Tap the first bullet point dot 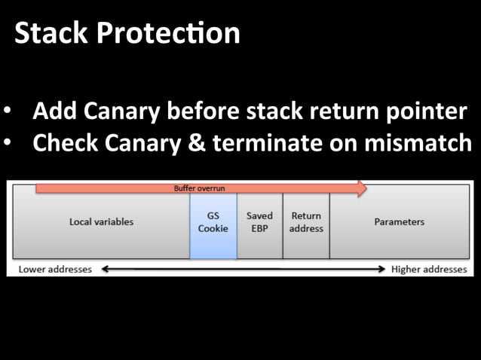(x=8, y=111)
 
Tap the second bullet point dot (x=8, y=143)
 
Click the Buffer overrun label (x=200, y=188)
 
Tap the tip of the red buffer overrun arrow (x=366, y=188)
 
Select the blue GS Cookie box (x=213, y=222)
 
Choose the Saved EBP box (x=260, y=222)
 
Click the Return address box (x=306, y=222)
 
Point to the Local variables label (x=101, y=222)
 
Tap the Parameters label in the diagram (x=399, y=222)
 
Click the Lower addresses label (x=55, y=269)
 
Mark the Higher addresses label (x=429, y=269)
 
